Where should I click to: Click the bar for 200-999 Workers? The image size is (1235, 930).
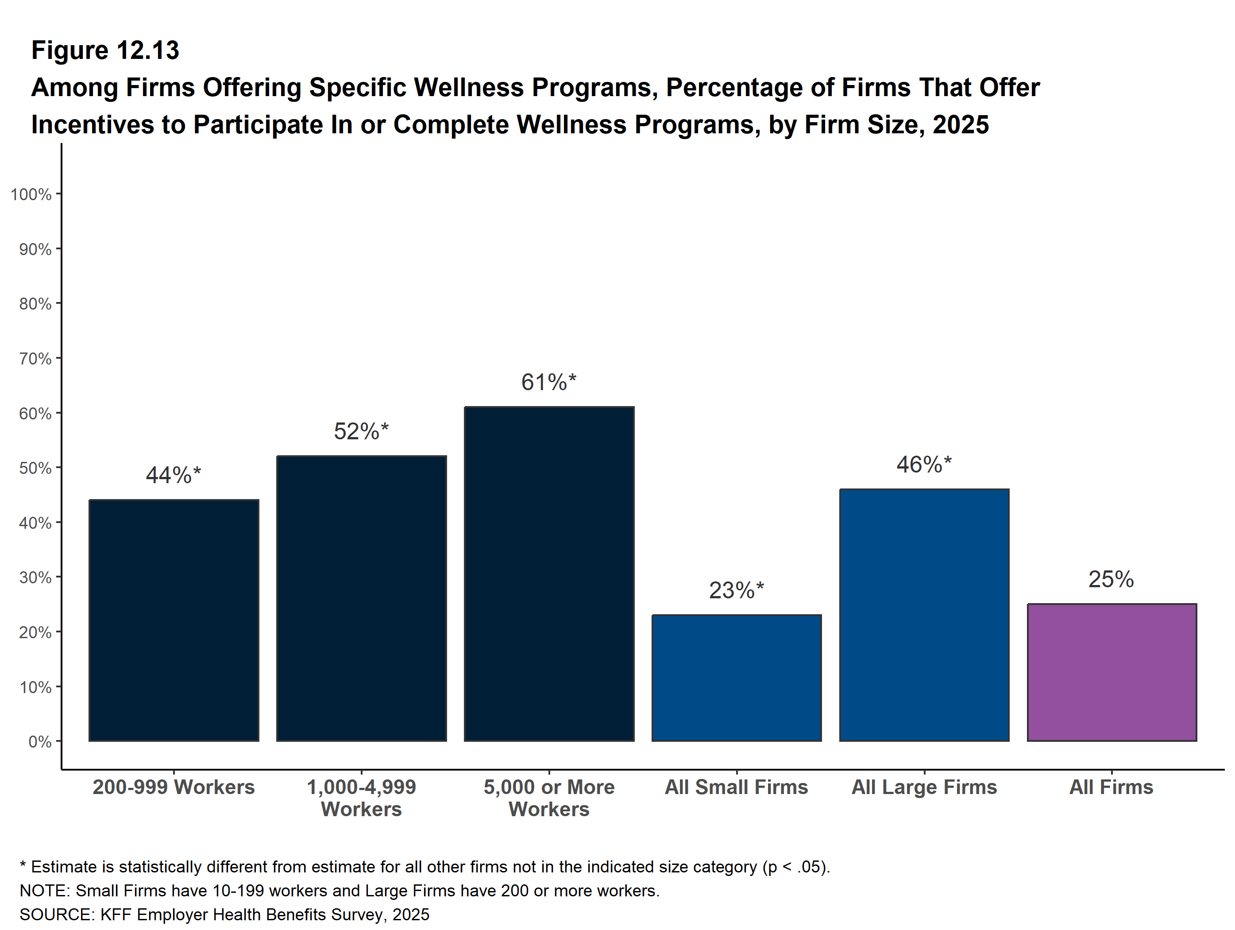174,620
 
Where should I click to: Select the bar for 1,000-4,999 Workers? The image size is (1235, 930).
361,598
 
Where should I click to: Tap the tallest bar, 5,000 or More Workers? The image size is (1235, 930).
549,573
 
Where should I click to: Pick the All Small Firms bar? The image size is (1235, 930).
737,678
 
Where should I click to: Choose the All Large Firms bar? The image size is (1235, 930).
924,615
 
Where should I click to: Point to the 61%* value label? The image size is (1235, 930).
548,383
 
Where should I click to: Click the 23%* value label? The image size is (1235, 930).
736,590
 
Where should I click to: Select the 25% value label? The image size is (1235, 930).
1111,579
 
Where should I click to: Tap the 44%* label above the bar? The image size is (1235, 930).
173,475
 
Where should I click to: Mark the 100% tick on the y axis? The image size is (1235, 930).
31,194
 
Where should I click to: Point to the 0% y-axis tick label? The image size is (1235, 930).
40,742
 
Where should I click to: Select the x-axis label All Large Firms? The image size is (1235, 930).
924,787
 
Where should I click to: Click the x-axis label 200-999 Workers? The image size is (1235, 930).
174,787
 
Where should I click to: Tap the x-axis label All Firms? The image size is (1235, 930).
1111,787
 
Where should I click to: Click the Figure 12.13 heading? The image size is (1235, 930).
105,50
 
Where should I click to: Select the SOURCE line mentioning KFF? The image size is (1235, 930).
224,914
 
